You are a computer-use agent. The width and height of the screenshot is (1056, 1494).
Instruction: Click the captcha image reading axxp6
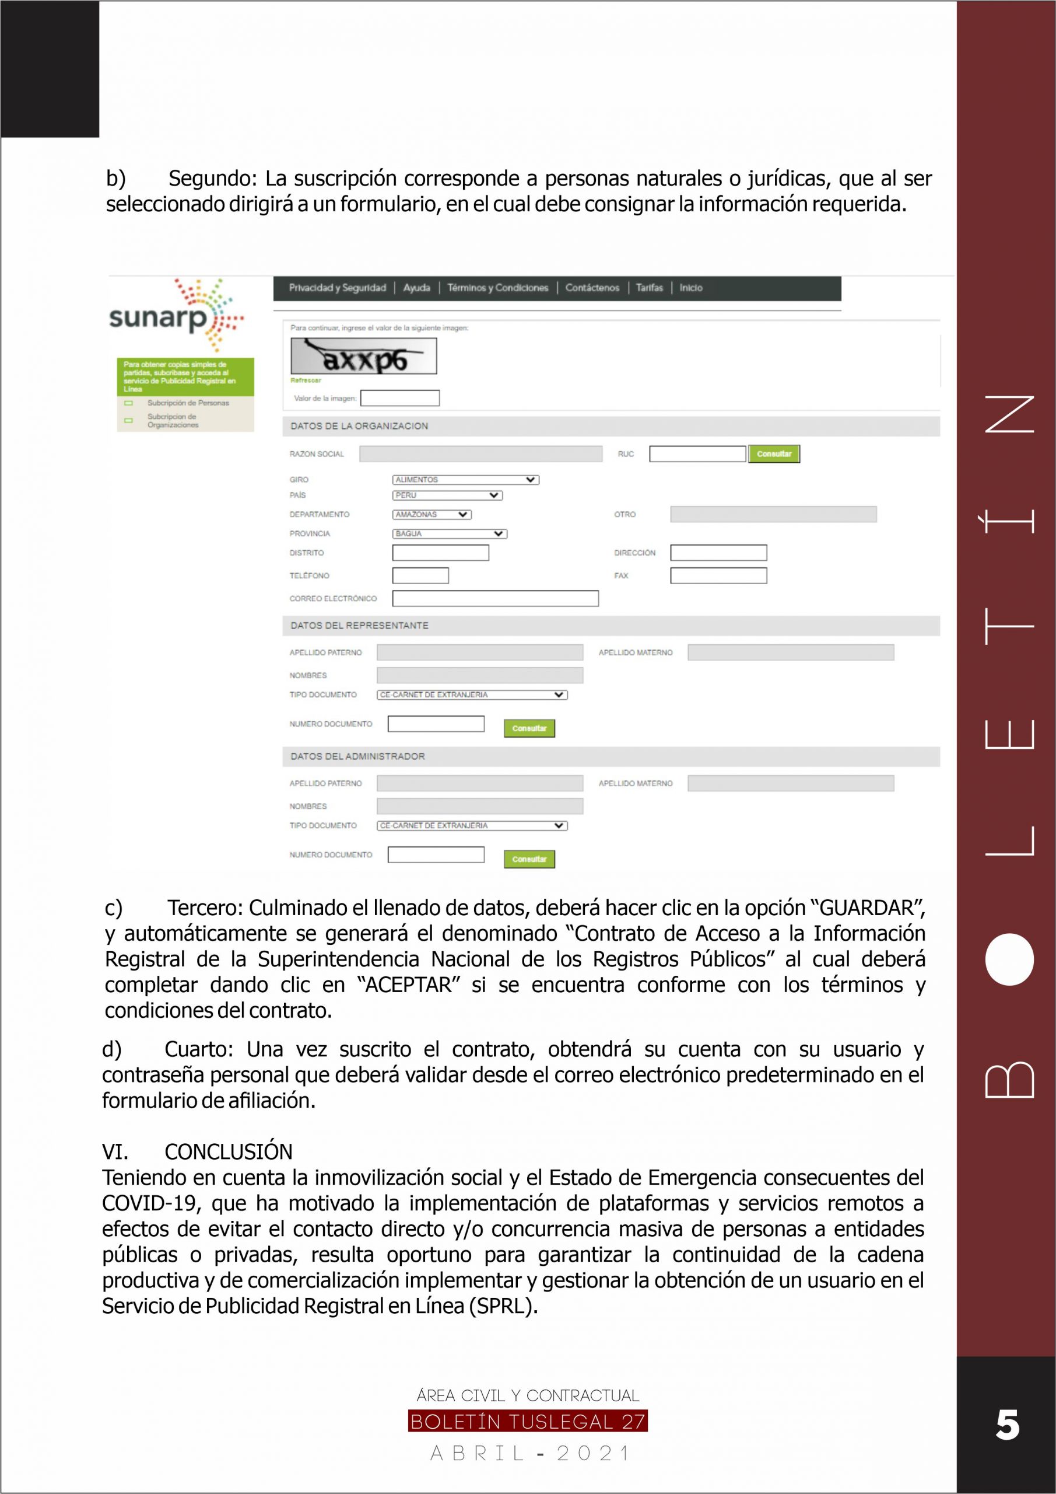pyautogui.click(x=363, y=357)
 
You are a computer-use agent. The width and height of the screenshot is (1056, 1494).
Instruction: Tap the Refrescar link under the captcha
pyautogui.click(x=306, y=380)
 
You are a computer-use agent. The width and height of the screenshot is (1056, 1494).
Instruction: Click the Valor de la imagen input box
pyautogui.click(x=400, y=398)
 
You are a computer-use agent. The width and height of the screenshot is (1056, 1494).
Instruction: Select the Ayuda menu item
pyautogui.click(x=416, y=288)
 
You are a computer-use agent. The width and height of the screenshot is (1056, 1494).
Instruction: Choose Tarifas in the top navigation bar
pyautogui.click(x=649, y=288)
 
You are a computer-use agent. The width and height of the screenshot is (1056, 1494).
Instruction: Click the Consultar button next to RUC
pyautogui.click(x=774, y=453)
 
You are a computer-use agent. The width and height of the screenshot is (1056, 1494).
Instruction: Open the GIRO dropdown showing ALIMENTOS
pyautogui.click(x=465, y=480)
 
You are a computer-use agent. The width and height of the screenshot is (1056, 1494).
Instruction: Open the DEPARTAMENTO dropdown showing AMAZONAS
pyautogui.click(x=431, y=514)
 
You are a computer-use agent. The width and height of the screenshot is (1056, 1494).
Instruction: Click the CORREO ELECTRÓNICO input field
pyautogui.click(x=495, y=598)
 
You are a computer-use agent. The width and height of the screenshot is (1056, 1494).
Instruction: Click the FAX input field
pyautogui.click(x=718, y=575)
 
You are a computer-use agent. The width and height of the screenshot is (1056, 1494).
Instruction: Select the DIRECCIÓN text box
pyautogui.click(x=718, y=553)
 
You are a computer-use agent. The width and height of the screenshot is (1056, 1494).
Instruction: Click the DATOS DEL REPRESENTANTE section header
pyautogui.click(x=360, y=625)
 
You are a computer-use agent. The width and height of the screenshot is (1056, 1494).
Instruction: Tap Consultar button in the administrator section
pyautogui.click(x=529, y=859)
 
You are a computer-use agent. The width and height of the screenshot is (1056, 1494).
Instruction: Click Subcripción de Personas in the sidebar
pyautogui.click(x=188, y=403)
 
